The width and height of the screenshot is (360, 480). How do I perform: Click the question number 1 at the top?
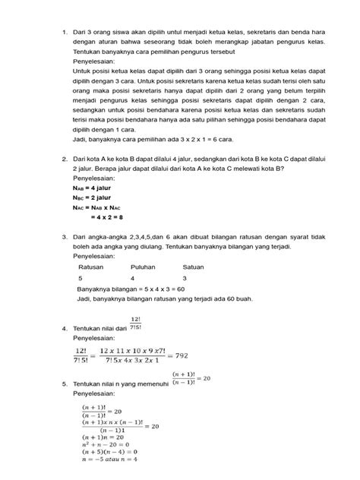65,32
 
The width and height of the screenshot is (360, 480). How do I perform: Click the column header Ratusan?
91,267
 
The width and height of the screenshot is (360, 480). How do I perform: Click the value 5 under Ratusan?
81,279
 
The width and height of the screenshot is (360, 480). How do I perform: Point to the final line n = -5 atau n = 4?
109,459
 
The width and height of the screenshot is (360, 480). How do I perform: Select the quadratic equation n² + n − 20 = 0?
107,444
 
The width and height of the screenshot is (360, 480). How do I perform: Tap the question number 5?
65,385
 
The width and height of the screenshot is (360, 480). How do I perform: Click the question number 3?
65,237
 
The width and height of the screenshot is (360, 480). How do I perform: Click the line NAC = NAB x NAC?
108,208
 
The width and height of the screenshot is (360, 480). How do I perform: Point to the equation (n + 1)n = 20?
103,436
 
